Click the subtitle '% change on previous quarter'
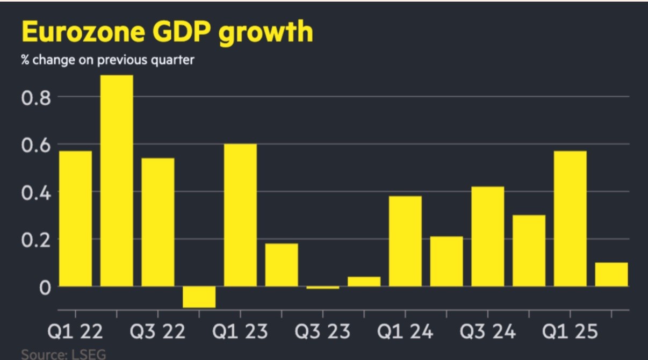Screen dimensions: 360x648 [107, 60]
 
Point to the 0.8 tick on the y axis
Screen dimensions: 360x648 [35, 98]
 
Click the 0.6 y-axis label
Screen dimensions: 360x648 [35, 145]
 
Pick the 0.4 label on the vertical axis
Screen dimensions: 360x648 [35, 192]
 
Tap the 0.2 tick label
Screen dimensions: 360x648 [35, 239]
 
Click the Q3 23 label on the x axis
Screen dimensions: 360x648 [322, 331]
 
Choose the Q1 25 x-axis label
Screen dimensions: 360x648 [570, 331]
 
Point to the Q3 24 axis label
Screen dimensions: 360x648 [487, 331]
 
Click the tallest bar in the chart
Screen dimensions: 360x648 [117, 181]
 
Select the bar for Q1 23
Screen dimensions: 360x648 [240, 215]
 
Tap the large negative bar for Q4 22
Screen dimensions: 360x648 [199, 297]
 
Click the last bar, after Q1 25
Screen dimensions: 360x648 [611, 275]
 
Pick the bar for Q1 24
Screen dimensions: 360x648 [405, 241]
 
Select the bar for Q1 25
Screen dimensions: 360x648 [570, 219]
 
